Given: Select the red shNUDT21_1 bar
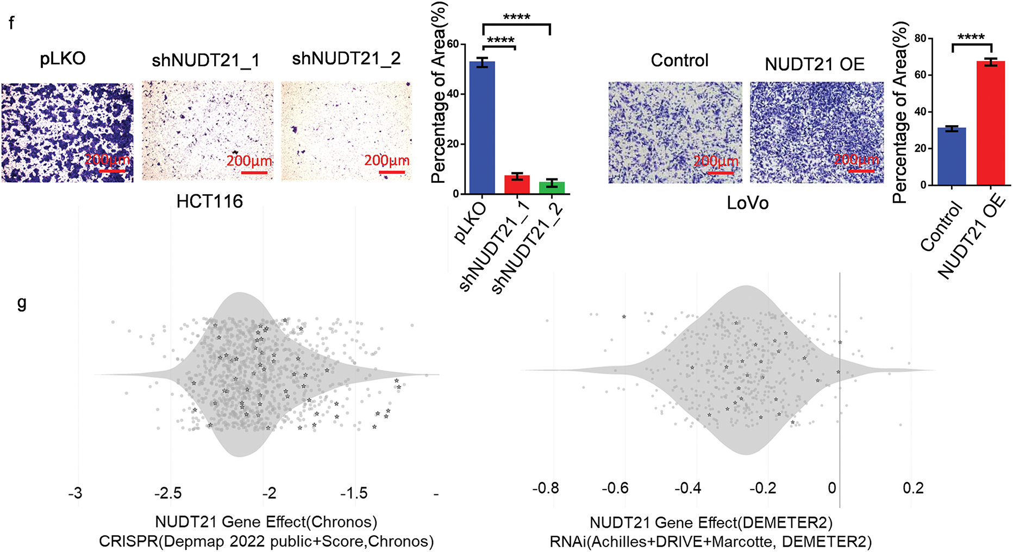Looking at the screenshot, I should (x=517, y=185).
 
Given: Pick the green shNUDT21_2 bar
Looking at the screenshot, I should (x=552, y=188).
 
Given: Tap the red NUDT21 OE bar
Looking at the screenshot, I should (x=990, y=123).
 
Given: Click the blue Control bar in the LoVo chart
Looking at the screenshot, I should (x=952, y=157).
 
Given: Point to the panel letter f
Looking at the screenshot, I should (x=11, y=23).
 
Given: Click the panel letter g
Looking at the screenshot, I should (x=22, y=303).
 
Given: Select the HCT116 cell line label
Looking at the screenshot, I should (x=210, y=202).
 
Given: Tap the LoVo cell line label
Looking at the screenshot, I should (x=748, y=203).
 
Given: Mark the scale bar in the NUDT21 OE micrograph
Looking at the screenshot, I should (x=861, y=171).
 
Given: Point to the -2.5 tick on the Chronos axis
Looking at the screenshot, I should (x=168, y=493).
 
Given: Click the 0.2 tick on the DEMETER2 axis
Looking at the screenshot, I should (x=913, y=488).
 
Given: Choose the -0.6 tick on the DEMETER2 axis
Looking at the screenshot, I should (x=615, y=488).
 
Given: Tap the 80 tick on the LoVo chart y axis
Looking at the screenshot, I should (x=920, y=38).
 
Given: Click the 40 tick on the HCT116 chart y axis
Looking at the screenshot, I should (x=452, y=94).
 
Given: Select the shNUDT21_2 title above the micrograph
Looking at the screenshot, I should (x=346, y=58).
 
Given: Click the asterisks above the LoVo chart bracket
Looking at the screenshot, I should (x=971, y=38).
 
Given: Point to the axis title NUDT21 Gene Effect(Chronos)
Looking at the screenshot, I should (x=266, y=522).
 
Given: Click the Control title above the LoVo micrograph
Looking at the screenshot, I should (x=679, y=60).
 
